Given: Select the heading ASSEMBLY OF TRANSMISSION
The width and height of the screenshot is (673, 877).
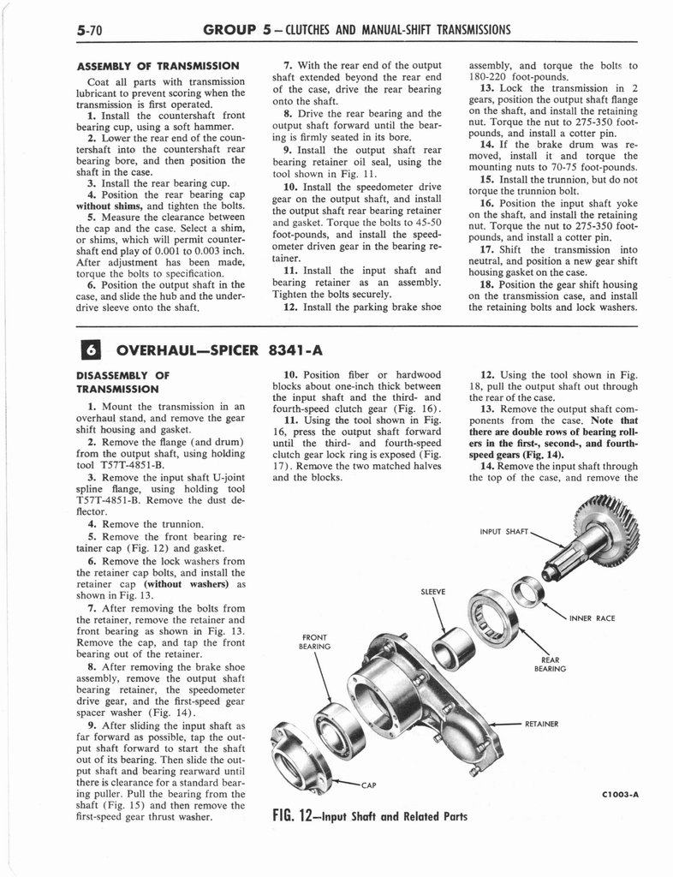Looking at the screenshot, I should (x=157, y=67).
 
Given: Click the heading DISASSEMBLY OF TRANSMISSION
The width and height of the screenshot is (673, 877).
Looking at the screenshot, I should (x=123, y=380).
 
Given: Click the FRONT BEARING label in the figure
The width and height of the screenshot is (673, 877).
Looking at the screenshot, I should (x=315, y=642).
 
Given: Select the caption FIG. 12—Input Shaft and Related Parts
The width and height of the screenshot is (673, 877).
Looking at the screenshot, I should (x=369, y=816).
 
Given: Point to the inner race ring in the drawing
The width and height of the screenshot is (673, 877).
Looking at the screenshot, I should (x=526, y=590).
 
